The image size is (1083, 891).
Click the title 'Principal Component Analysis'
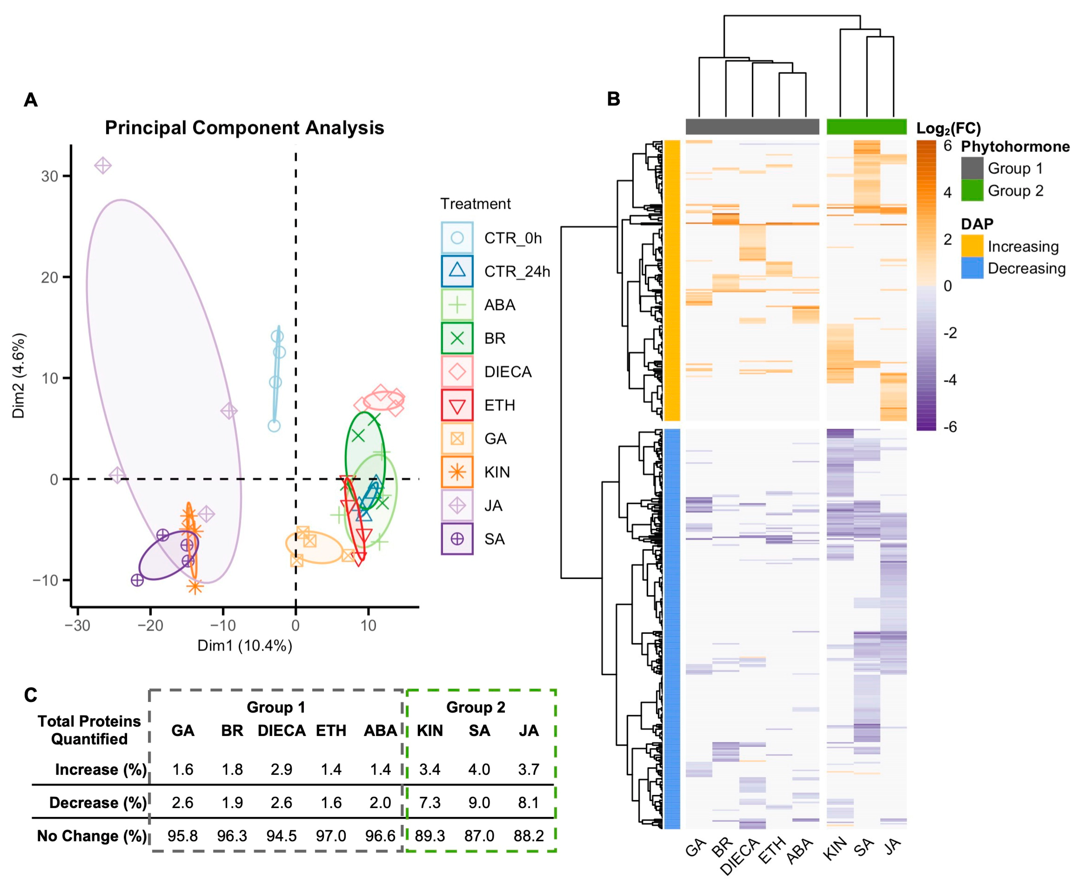tap(244, 127)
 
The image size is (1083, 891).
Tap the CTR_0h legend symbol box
tap(457, 238)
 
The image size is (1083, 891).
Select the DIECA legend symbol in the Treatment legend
tap(457, 371)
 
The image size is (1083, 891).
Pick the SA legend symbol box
tap(457, 539)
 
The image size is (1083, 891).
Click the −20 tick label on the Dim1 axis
tap(150, 626)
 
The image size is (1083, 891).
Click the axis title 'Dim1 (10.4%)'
tap(245, 646)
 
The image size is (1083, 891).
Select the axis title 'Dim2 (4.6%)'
tap(19, 376)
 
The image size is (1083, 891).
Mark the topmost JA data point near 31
tap(103, 166)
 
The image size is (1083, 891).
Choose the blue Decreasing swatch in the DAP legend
tap(972, 268)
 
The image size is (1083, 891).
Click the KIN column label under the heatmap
tap(835, 848)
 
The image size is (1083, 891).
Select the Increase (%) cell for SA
tap(479, 769)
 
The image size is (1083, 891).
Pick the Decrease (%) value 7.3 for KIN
tap(429, 803)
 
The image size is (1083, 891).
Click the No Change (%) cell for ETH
tap(331, 836)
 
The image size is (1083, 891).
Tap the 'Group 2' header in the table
tap(476, 707)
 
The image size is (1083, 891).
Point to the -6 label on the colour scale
tap(950, 427)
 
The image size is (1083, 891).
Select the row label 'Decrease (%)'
tap(98, 803)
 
